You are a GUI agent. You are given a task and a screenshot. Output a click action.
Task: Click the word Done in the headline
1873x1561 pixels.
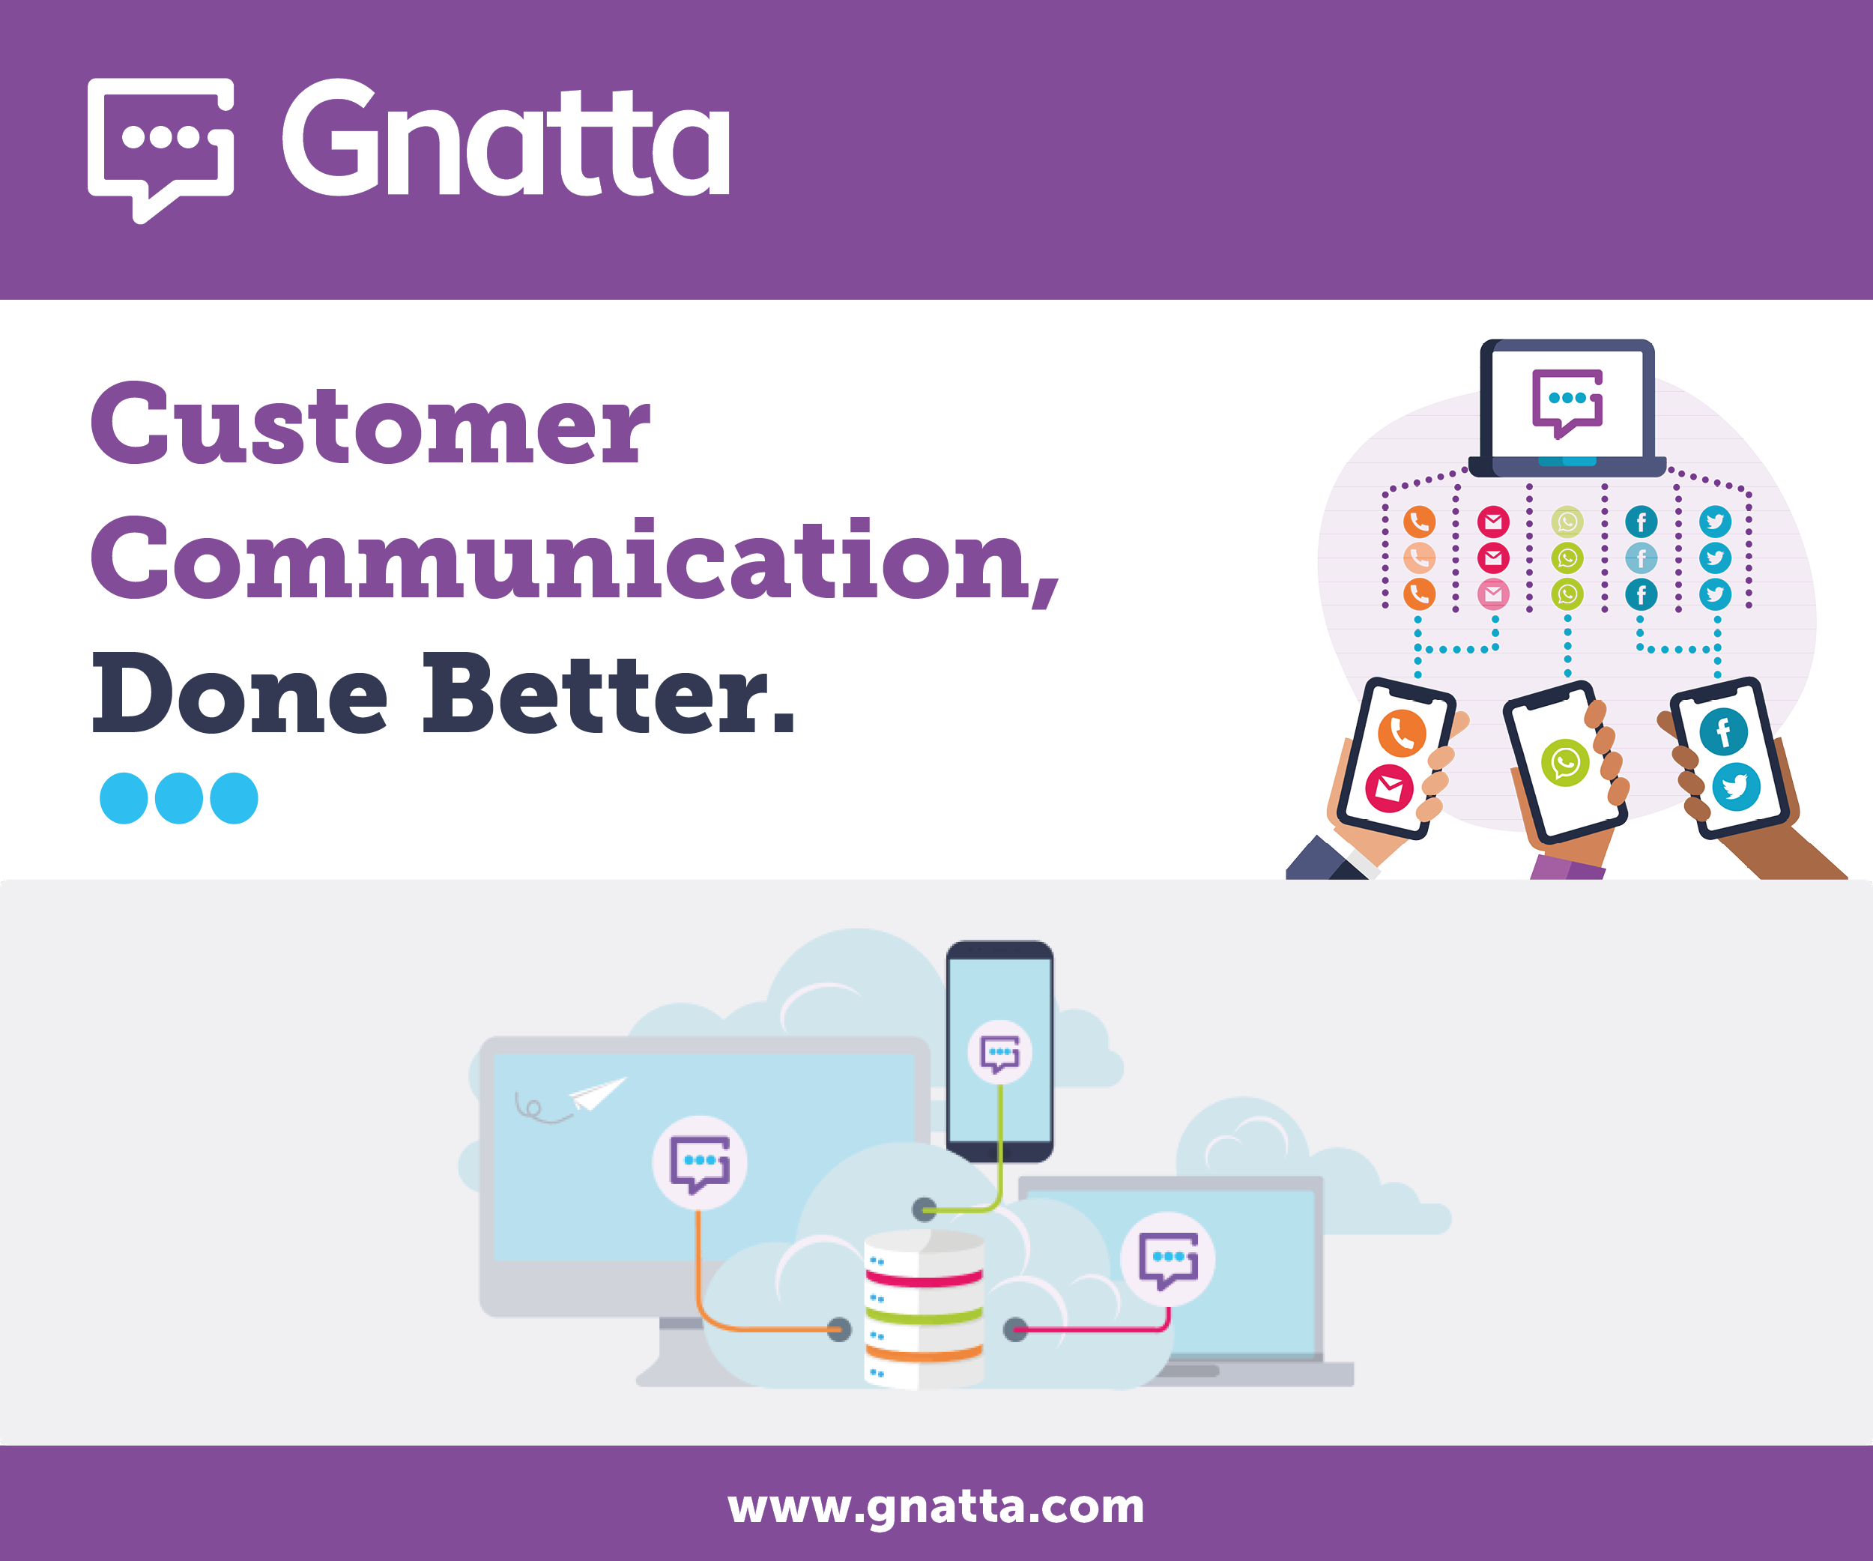[240, 693]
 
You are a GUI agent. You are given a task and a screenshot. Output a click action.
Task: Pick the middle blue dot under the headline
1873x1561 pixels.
[179, 797]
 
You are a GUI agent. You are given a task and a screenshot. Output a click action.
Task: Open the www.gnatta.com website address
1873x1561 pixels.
[936, 1506]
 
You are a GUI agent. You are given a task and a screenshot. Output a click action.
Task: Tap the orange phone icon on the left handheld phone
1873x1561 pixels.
[1401, 733]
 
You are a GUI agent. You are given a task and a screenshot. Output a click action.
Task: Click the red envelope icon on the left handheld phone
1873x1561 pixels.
[1389, 788]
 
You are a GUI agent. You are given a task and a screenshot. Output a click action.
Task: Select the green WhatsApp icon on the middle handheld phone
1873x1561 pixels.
[1565, 763]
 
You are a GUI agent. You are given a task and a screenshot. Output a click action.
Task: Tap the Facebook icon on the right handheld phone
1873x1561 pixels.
[1723, 731]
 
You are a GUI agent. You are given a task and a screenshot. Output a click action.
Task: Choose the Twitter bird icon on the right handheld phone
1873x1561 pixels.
[1736, 787]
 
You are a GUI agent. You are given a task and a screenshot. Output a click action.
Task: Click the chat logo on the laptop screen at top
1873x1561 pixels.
[1567, 403]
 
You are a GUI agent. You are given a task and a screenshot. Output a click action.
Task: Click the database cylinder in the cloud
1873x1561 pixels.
[924, 1309]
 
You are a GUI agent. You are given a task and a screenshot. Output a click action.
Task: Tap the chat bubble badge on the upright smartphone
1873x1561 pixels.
[1000, 1053]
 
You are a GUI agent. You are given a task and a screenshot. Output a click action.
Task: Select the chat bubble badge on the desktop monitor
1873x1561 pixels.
[701, 1162]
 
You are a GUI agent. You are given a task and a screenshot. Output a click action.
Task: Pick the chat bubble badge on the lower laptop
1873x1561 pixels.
[1167, 1258]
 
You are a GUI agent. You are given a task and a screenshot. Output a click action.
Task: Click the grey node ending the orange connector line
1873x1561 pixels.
[838, 1330]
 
